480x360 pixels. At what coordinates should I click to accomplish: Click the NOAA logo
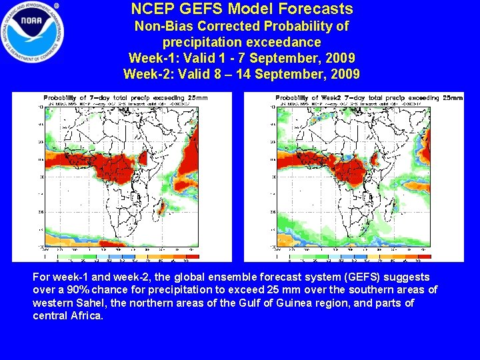pyautogui.click(x=33, y=32)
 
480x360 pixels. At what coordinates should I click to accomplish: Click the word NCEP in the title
pyautogui.click(x=153, y=9)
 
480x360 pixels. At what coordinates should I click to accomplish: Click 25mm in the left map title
pyautogui.click(x=198, y=98)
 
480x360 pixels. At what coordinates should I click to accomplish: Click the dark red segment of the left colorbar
pyautogui.click(x=193, y=257)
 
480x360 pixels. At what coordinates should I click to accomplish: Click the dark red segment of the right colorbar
pyautogui.click(x=425, y=257)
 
